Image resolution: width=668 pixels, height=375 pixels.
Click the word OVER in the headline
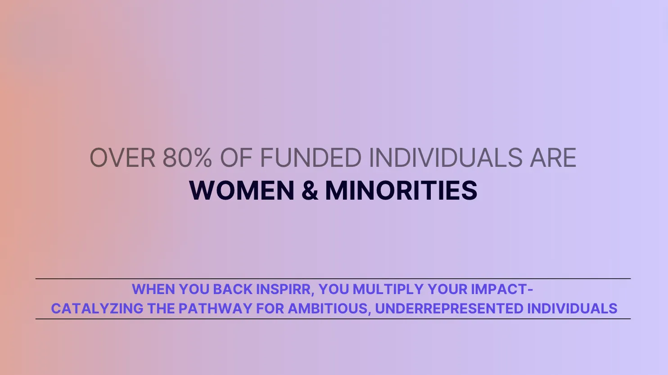click(122, 157)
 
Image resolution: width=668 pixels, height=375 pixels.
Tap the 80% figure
click(187, 157)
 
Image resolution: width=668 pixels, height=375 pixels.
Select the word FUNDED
click(311, 157)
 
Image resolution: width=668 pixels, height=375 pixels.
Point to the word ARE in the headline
click(553, 157)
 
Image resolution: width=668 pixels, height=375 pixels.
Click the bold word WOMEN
click(242, 190)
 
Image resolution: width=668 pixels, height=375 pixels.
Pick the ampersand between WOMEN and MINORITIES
click(310, 190)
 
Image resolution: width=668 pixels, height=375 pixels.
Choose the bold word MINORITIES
click(402, 190)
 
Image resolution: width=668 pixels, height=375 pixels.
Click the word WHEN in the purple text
click(153, 289)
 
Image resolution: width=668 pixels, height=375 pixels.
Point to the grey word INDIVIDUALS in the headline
click(446, 157)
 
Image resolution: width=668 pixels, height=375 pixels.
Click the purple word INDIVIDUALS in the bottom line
click(572, 308)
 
